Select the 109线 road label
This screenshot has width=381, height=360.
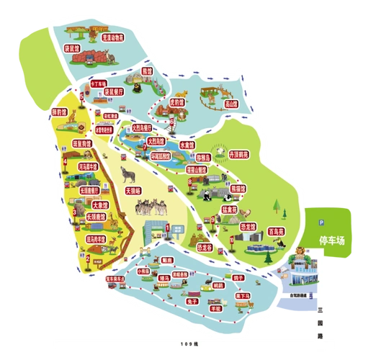(x=189, y=340)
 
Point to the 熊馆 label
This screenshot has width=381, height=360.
(x=147, y=72)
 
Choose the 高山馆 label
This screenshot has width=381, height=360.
(x=230, y=103)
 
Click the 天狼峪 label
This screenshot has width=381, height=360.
(x=133, y=191)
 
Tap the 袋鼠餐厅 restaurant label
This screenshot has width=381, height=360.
(x=114, y=92)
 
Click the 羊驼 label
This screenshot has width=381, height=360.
(x=215, y=307)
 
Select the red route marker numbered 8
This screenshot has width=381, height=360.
(x=189, y=182)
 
